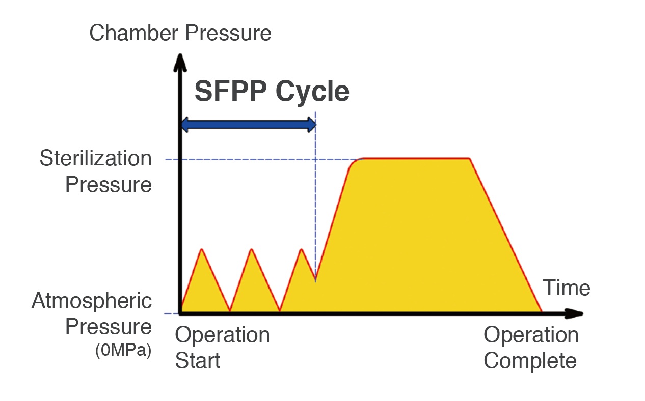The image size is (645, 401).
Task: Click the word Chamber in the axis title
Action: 134,33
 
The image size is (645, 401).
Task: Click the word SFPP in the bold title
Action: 231,91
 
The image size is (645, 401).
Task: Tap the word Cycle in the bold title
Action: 312,93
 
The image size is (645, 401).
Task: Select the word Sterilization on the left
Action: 96,158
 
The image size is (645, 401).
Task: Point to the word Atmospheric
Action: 92,301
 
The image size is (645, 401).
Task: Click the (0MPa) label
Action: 123,350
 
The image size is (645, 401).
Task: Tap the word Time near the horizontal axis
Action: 567,288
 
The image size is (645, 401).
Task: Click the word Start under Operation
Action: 198,360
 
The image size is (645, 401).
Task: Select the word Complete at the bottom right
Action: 530,361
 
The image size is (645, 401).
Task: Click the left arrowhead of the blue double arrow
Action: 184,125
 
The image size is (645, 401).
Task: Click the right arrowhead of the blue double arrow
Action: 312,125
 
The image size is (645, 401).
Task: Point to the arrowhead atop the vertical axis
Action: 180,63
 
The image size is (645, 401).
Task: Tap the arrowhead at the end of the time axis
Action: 574,313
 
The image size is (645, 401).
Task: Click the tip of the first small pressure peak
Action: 202,249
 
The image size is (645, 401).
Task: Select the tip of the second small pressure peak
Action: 252,249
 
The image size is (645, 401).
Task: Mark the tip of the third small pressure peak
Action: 302,249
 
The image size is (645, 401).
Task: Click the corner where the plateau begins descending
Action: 470,158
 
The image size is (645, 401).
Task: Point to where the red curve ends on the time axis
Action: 542,311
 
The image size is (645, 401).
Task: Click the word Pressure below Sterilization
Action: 109,184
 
